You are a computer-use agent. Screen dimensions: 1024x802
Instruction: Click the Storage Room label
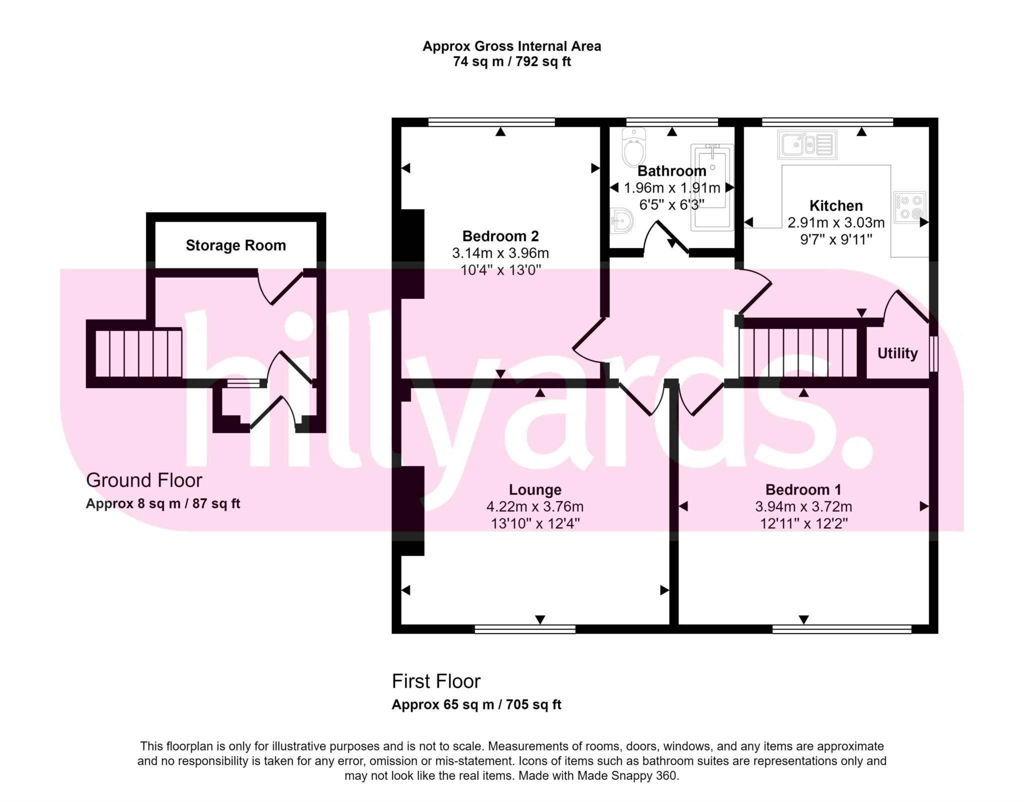click(236, 245)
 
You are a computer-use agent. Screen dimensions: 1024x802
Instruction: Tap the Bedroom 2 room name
click(500, 236)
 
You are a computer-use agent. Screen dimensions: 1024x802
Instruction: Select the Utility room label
click(897, 353)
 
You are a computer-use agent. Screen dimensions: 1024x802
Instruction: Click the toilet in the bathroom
click(634, 147)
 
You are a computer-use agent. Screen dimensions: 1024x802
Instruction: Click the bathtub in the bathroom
click(712, 187)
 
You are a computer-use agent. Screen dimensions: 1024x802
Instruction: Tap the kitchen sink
click(807, 144)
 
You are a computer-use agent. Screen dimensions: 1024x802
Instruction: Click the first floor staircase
click(798, 352)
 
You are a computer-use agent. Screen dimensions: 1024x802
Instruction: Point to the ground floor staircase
click(138, 352)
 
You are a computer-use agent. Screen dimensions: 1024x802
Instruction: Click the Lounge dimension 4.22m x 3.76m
click(535, 506)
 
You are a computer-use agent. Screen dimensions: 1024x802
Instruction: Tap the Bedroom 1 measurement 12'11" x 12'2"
click(803, 523)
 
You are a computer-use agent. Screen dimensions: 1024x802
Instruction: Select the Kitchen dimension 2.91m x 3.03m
click(836, 222)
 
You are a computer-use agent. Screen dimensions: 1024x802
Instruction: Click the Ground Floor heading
click(144, 480)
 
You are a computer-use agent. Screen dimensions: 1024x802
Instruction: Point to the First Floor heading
click(436, 681)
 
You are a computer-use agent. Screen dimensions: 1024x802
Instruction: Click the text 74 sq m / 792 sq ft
click(512, 61)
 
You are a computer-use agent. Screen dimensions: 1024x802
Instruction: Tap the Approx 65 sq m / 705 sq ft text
click(476, 704)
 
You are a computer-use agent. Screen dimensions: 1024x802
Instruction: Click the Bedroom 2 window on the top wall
click(492, 121)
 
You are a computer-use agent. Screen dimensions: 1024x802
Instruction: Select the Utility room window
click(933, 354)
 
